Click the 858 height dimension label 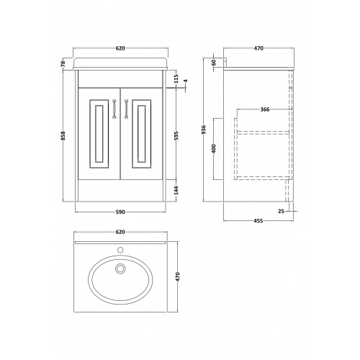click(63, 135)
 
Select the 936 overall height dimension click(204, 130)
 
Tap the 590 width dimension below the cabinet click(120, 212)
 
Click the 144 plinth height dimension click(176, 190)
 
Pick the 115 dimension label click(176, 78)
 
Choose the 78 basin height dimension click(63, 63)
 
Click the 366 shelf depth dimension click(265, 109)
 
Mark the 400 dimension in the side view click(215, 148)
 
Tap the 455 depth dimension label click(258, 220)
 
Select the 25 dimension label click(281, 211)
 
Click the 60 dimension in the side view click(215, 63)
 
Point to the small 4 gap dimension click(186, 81)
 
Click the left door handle click(114, 109)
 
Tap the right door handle click(126, 109)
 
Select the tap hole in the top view click(120, 250)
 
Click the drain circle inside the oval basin click(120, 269)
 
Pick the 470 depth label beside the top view click(178, 276)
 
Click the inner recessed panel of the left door click(99, 134)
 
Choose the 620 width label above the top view click(120, 232)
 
